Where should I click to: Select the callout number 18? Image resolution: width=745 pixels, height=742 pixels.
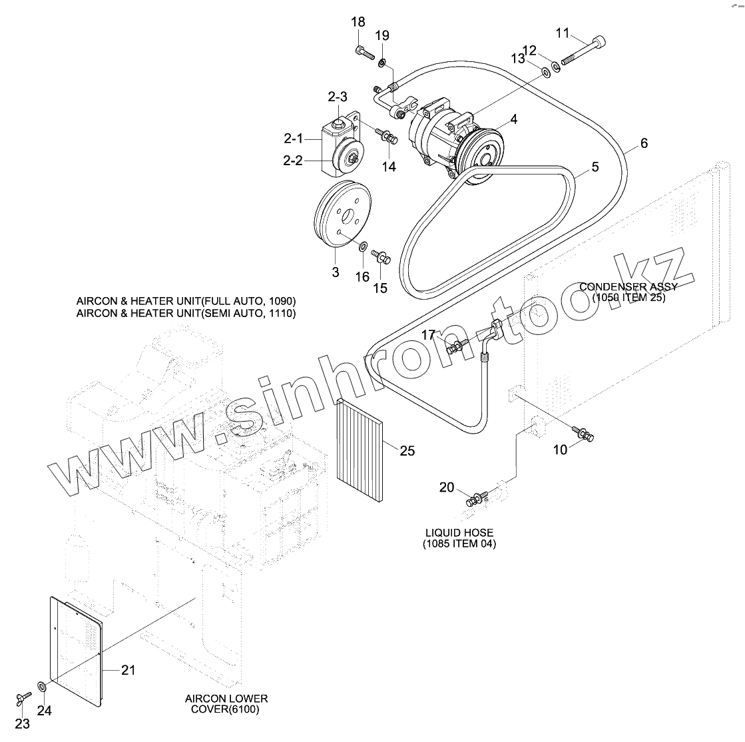coord(358,22)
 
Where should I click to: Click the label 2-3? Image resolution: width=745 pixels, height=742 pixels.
coord(338,97)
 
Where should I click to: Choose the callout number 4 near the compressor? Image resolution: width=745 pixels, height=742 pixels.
coord(514,120)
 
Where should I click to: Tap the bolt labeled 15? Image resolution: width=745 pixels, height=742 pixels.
coord(382,256)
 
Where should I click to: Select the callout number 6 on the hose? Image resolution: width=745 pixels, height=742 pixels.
coord(644,143)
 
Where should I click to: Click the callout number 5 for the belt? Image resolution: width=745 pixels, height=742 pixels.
coord(595,167)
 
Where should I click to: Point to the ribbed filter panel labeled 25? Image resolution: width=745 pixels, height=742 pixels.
coord(361,450)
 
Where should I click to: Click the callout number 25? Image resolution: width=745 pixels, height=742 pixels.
coord(407,451)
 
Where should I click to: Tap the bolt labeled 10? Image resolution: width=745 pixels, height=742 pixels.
coord(585,434)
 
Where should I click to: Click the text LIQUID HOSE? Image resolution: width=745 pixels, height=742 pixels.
coord(459,533)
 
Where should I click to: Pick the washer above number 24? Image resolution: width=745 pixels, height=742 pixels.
coord(42,685)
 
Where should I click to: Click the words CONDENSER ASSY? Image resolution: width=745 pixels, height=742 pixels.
coord(628,287)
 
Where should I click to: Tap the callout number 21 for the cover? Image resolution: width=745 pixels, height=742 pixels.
coord(128,670)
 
